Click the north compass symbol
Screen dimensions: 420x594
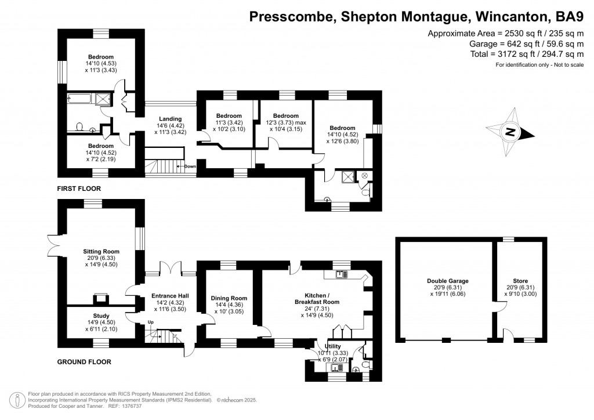pos(510,132)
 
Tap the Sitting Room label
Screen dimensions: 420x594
pos(101,251)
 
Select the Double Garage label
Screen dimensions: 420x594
pos(445,281)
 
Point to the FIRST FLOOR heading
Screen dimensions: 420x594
pos(79,189)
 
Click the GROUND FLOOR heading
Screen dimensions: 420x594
pos(84,361)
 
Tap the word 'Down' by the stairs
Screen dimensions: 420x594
pos(190,166)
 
